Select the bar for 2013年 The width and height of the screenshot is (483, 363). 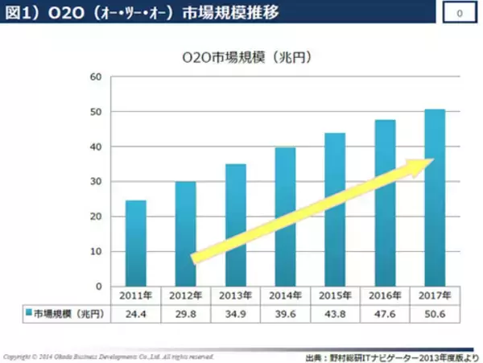(235, 225)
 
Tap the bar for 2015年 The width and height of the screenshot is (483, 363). (335, 209)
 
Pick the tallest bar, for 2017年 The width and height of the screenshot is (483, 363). (435, 197)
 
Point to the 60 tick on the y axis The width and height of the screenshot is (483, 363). (96, 77)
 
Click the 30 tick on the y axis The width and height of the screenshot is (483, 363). (96, 182)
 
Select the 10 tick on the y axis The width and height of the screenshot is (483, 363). (96, 252)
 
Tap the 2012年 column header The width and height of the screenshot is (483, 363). (185, 295)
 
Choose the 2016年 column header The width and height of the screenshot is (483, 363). (385, 295)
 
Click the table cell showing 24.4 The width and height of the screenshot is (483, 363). (135, 312)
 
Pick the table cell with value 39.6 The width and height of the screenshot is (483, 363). (285, 312)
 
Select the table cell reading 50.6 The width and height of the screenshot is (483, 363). (435, 312)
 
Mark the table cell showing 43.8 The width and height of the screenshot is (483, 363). (335, 312)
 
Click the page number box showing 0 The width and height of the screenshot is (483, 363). (459, 14)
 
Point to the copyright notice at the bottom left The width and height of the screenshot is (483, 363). (109, 355)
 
